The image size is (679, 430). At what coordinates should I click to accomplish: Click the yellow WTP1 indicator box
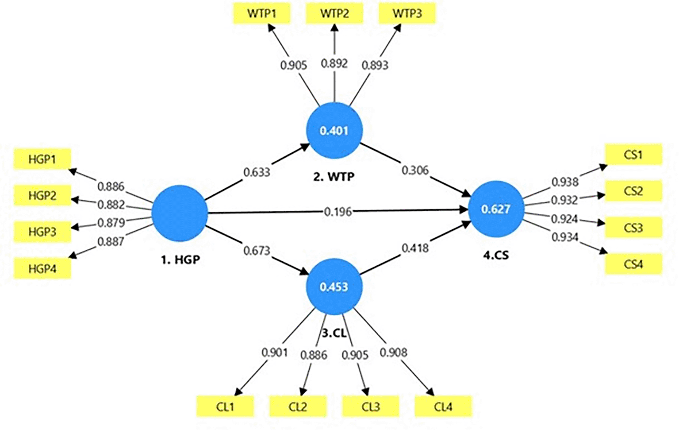261,13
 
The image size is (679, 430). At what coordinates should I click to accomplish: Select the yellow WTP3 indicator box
407,13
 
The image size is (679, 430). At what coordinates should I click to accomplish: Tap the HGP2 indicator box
42,195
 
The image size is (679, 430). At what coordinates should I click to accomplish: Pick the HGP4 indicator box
42,268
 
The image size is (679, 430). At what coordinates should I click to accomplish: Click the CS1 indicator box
633,155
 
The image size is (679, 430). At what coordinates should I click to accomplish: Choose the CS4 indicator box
633,264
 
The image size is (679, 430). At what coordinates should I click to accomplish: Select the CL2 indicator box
298,407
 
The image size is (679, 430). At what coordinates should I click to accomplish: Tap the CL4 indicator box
443,407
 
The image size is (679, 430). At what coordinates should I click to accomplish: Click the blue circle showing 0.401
334,131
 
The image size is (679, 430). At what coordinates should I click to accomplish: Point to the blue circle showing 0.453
334,287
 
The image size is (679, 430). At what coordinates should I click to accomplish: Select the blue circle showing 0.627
496,209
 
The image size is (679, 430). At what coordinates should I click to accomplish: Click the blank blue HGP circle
180,213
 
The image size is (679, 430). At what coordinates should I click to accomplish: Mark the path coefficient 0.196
338,212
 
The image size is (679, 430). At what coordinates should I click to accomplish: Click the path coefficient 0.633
257,172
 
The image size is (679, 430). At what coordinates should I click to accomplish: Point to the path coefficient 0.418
415,248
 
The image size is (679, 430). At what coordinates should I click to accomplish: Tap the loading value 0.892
334,64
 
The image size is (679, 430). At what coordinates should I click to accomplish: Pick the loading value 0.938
565,182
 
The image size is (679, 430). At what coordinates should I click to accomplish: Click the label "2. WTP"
334,177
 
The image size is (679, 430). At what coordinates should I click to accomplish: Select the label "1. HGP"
180,260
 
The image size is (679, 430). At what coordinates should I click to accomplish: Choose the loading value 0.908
393,353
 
